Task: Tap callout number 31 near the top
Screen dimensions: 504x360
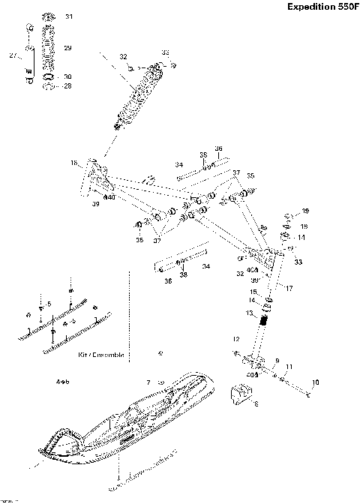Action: click(69, 16)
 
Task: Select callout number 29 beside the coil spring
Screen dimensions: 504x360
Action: click(67, 48)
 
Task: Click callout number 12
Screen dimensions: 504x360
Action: click(235, 339)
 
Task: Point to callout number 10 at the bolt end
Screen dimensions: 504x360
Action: click(315, 382)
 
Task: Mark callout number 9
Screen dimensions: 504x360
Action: click(276, 360)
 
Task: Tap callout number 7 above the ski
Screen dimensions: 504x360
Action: click(148, 382)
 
